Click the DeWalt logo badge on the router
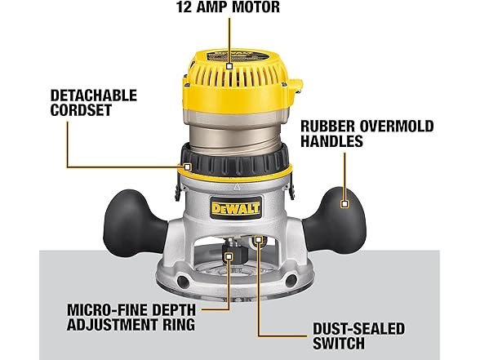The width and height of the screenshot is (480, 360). click(235, 208)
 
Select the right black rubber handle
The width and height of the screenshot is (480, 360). click(335, 220)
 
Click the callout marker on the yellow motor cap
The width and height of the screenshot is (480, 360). click(229, 66)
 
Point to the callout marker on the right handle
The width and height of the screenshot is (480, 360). click(345, 204)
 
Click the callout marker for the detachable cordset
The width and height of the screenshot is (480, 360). click(188, 167)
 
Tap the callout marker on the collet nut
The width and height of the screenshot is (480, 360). click(229, 256)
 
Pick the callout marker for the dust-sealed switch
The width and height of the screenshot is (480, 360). click(259, 239)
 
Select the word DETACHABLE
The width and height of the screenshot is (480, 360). click(94, 96)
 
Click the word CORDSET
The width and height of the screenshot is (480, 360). click(81, 110)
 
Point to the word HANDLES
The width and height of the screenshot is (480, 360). click(331, 140)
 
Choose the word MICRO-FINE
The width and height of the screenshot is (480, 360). click(107, 310)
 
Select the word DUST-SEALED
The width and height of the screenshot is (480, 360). click(359, 329)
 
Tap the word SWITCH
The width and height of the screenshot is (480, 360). click(339, 344)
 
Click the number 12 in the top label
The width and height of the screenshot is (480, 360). click(184, 7)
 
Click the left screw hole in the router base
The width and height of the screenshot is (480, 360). click(183, 281)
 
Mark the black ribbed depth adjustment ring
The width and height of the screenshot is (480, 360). click(234, 162)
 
